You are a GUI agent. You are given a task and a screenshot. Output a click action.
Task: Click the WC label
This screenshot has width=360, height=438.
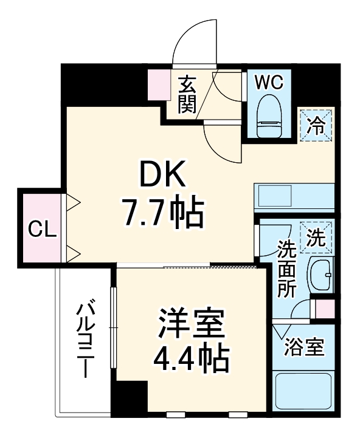pyautogui.click(x=269, y=82)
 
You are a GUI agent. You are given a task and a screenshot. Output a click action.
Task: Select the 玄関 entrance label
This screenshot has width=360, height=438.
pyautogui.click(x=187, y=94)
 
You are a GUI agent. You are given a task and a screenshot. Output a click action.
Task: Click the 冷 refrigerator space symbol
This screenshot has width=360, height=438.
pyautogui.click(x=316, y=126)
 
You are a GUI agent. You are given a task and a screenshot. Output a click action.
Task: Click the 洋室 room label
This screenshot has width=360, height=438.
pyautogui.click(x=192, y=325)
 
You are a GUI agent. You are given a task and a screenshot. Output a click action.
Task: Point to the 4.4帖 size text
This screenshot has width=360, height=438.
pyautogui.click(x=192, y=358)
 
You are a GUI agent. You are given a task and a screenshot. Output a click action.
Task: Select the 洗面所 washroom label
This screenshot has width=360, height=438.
pyautogui.click(x=286, y=267)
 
